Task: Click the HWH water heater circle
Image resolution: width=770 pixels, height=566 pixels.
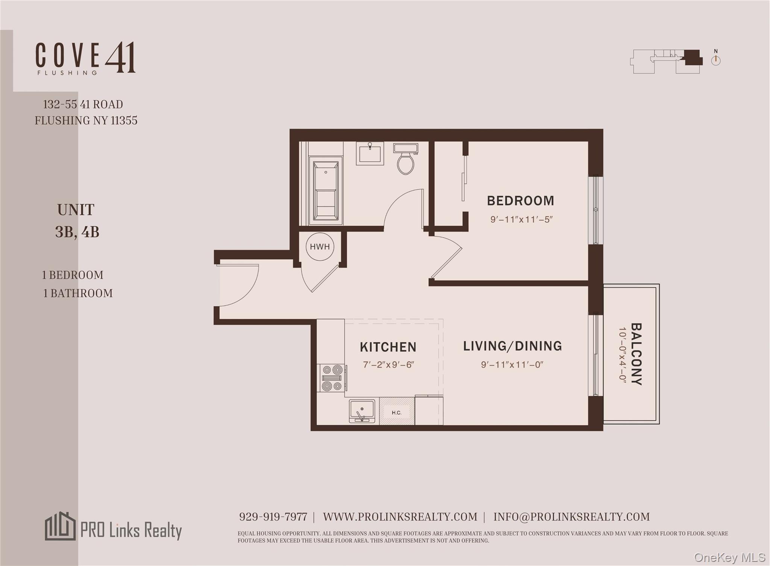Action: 320,247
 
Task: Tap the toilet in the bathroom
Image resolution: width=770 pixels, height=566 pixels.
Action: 405,160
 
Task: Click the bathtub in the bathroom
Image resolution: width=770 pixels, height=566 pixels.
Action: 326,191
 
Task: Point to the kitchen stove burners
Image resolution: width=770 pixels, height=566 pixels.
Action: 332,378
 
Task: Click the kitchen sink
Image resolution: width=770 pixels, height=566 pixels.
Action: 362,411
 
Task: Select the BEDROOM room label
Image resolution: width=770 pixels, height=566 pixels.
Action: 520,201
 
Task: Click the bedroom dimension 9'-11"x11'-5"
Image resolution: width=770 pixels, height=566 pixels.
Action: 521,219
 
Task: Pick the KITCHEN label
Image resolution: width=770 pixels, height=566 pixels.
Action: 388,347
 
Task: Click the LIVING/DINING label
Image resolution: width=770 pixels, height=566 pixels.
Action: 512,346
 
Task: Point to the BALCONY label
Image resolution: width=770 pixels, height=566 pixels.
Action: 636,354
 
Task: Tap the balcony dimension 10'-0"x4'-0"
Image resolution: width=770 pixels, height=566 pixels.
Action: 623,355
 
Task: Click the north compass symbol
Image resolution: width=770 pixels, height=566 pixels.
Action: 715,60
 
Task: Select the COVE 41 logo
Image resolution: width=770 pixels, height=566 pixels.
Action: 85,58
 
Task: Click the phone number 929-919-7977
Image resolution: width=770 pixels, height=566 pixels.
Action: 273,517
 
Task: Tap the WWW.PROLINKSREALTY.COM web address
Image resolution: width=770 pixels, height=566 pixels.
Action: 400,517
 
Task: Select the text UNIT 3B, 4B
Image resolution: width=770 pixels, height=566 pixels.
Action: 77,221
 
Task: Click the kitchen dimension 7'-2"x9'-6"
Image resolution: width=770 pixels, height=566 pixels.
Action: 388,365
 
